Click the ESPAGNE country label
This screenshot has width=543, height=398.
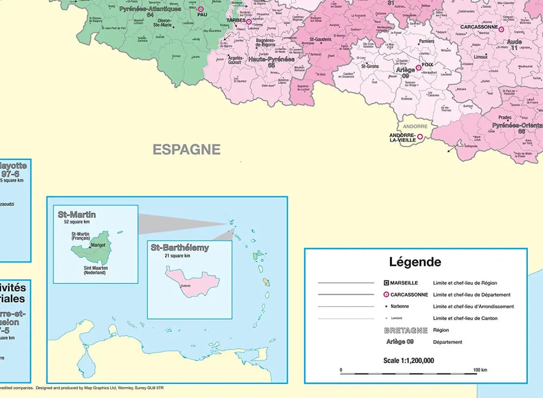pos(186,150)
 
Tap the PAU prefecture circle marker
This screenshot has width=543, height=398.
pos(201,9)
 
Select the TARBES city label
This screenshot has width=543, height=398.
pos(236,20)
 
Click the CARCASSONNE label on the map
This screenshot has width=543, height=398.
pos(479,27)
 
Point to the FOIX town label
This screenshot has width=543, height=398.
pos(427,65)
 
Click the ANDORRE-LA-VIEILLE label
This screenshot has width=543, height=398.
pos(402,137)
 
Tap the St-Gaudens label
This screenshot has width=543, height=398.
pos(320,39)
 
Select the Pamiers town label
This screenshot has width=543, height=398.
pos(426,41)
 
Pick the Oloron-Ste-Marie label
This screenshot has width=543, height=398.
pos(163,22)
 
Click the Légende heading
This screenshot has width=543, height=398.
pos(415,262)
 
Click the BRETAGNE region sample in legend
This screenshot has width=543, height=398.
pos(406,330)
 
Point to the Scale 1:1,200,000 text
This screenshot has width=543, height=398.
pos(408,360)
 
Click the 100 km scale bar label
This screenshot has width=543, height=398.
pos(479,370)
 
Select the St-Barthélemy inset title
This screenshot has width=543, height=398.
pos(179,247)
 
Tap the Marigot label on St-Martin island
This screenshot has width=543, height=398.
pos(98,245)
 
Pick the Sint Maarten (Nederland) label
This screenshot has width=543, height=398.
pos(94,270)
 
